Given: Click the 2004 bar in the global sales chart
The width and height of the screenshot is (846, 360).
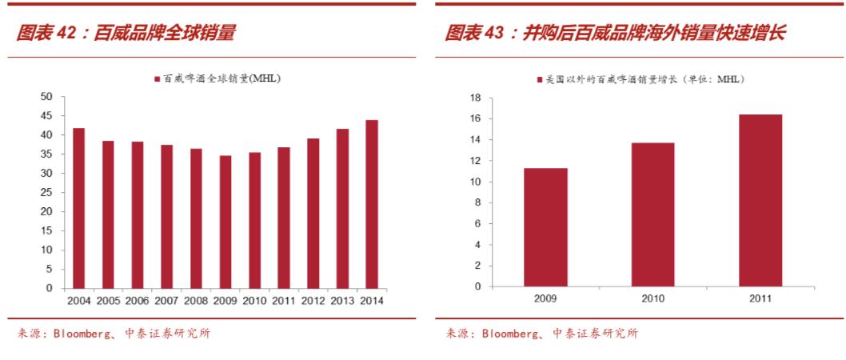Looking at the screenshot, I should pos(78,208).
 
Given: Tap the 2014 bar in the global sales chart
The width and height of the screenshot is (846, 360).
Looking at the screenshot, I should pos(372,204).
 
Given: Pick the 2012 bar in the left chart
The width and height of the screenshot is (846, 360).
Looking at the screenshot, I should pos(313,213).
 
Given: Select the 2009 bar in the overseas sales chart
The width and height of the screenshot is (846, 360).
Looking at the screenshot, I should pos(545,227).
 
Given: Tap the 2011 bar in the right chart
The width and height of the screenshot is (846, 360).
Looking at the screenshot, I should pos(760,200).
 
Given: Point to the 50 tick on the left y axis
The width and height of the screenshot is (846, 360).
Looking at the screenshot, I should pos(46,97).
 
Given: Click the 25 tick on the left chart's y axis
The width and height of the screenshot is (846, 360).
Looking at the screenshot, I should pos(46,192).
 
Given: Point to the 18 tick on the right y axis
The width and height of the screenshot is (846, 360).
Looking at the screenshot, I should pos(475,98).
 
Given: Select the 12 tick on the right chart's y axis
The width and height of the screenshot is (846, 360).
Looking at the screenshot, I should pos(475,161).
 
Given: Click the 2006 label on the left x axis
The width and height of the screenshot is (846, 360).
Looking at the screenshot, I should pos(137,301).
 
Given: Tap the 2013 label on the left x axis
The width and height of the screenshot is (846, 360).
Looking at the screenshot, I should pos(342,301).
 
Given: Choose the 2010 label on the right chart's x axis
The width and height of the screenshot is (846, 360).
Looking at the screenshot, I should pos(652,298).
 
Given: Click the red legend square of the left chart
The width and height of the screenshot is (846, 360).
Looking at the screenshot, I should pos(158,78).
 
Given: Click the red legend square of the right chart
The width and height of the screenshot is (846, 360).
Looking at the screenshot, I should pos(540,79).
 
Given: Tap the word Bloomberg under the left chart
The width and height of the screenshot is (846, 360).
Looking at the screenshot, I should pos(85,333).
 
